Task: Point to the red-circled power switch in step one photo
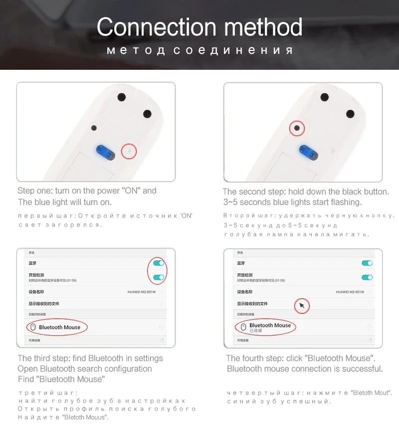129,150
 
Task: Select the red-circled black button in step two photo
297,128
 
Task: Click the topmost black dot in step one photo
121,97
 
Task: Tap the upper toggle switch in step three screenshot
159,263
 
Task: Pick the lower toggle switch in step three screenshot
159,277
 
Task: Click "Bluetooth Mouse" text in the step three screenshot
60,327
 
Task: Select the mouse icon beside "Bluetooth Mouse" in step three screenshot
32,327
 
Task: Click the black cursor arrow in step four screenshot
302,305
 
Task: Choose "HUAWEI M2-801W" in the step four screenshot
350,292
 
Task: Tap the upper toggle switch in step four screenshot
367,263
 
